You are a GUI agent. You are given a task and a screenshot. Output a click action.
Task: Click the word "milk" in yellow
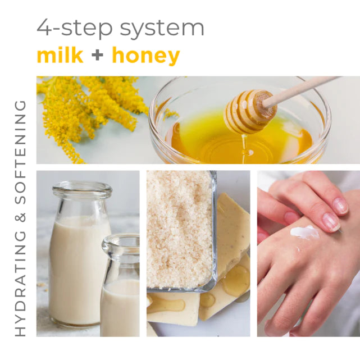pos(60,56)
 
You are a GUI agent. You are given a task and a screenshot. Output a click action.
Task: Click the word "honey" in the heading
pos(145,56)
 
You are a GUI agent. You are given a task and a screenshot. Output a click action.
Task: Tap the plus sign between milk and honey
pos(97,56)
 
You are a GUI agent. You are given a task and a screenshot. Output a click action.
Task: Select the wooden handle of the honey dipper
pos(303,89)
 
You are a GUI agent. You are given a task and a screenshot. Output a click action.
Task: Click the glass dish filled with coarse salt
pos(180,230)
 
